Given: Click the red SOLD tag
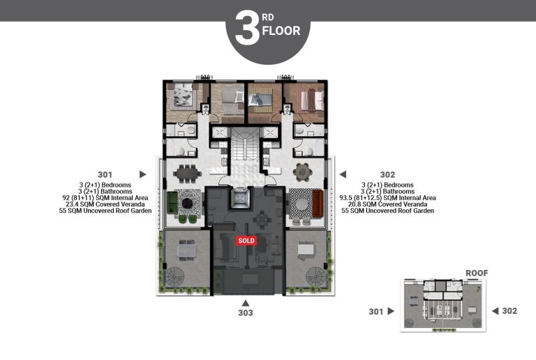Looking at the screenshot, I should point(246,240).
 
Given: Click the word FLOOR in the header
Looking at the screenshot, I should point(281,31).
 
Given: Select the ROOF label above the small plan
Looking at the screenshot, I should point(477,273).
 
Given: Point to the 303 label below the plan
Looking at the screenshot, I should point(245,313).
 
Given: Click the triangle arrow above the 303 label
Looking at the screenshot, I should point(245,303).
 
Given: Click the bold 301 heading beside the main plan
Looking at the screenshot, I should point(105,174).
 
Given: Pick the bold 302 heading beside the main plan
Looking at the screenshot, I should point(387,174).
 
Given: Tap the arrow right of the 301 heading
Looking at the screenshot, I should point(142,174).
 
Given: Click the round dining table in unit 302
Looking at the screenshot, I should point(304,172).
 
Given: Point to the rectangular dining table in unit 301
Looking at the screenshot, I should point(186,172).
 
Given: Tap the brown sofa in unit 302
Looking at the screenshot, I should point(318,203).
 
